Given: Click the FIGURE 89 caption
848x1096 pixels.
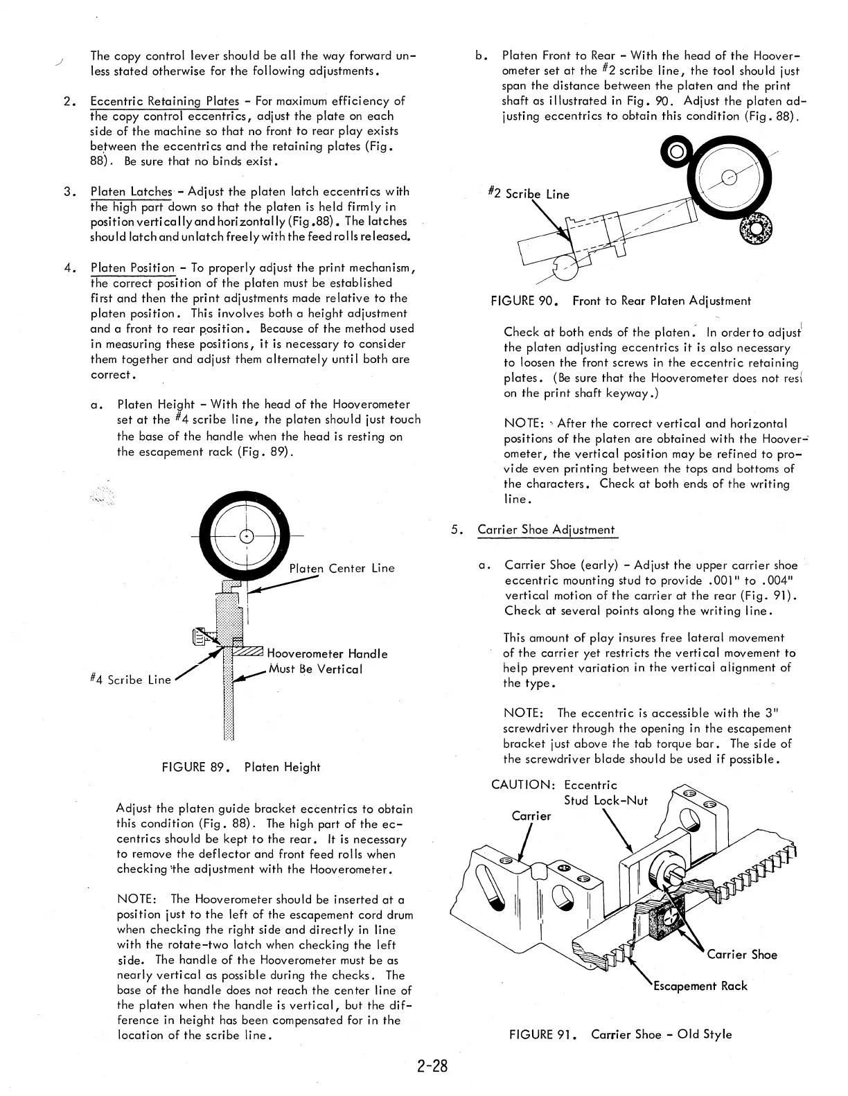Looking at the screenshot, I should point(240,767).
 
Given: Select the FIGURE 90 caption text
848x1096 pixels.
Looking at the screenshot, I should point(620,301).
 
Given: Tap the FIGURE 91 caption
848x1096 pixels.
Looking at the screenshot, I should point(620,1034).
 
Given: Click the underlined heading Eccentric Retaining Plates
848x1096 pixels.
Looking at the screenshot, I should point(165,101).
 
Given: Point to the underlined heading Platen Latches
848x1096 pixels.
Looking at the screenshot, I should point(132,191).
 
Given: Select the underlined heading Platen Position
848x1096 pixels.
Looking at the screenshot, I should point(133,267).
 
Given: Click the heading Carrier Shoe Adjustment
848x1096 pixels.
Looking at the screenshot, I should point(546,530).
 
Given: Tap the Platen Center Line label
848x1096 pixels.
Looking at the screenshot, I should point(342,568).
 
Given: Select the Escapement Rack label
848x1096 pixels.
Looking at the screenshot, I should point(700,985).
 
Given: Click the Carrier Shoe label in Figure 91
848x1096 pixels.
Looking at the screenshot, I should point(742,955).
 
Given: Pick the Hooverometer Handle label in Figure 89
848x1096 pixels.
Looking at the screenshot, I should point(327,653).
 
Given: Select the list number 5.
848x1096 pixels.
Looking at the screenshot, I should point(456,530).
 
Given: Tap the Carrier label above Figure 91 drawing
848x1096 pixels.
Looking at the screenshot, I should point(531,815).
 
